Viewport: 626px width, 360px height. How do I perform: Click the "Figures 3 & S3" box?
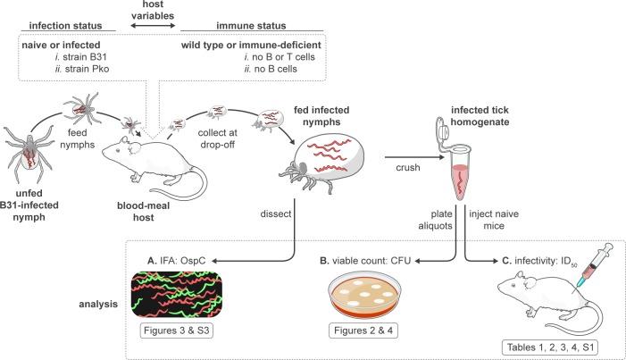point(176,331)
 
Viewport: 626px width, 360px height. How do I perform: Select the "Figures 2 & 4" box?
point(363,331)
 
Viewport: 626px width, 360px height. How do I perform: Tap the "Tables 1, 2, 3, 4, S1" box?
point(550,347)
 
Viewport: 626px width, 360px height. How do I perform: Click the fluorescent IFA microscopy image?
point(177,295)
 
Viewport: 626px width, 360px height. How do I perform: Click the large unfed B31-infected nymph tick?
point(29,152)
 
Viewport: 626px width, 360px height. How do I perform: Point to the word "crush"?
point(408,167)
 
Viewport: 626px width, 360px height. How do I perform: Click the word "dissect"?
point(276,213)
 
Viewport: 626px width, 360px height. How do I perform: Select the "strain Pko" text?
point(87,69)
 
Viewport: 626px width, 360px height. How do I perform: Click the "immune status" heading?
point(251,26)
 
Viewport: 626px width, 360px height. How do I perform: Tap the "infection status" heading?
point(65,26)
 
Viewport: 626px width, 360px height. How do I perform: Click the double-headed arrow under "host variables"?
point(154,26)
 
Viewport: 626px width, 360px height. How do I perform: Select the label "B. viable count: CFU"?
point(365,261)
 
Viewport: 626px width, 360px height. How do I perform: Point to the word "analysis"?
point(98,304)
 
